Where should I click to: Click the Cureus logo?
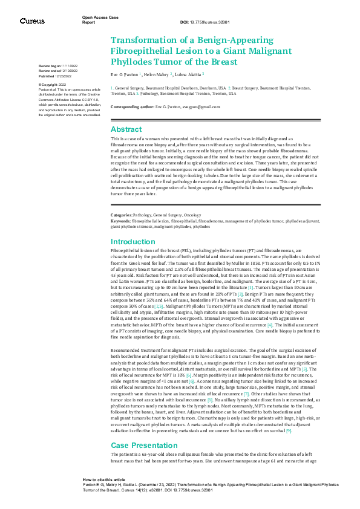click(32, 21)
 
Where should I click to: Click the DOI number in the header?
click(212, 22)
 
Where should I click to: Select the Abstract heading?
click(126, 129)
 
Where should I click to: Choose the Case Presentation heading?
click(141, 462)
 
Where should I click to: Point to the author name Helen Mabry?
click(159, 74)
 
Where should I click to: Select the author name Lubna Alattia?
click(189, 74)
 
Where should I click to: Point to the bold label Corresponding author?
click(131, 106)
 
